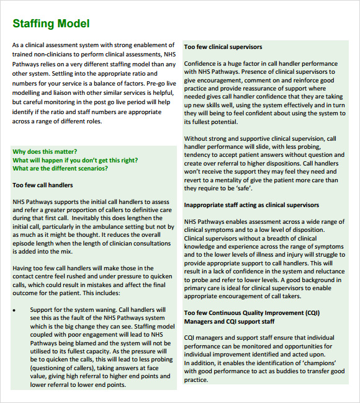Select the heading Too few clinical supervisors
(223, 47)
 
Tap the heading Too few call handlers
(43, 185)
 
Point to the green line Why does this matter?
(45, 151)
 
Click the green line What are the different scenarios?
(60, 168)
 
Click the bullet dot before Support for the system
(15, 309)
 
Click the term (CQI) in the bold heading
(310, 312)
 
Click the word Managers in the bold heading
(200, 321)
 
